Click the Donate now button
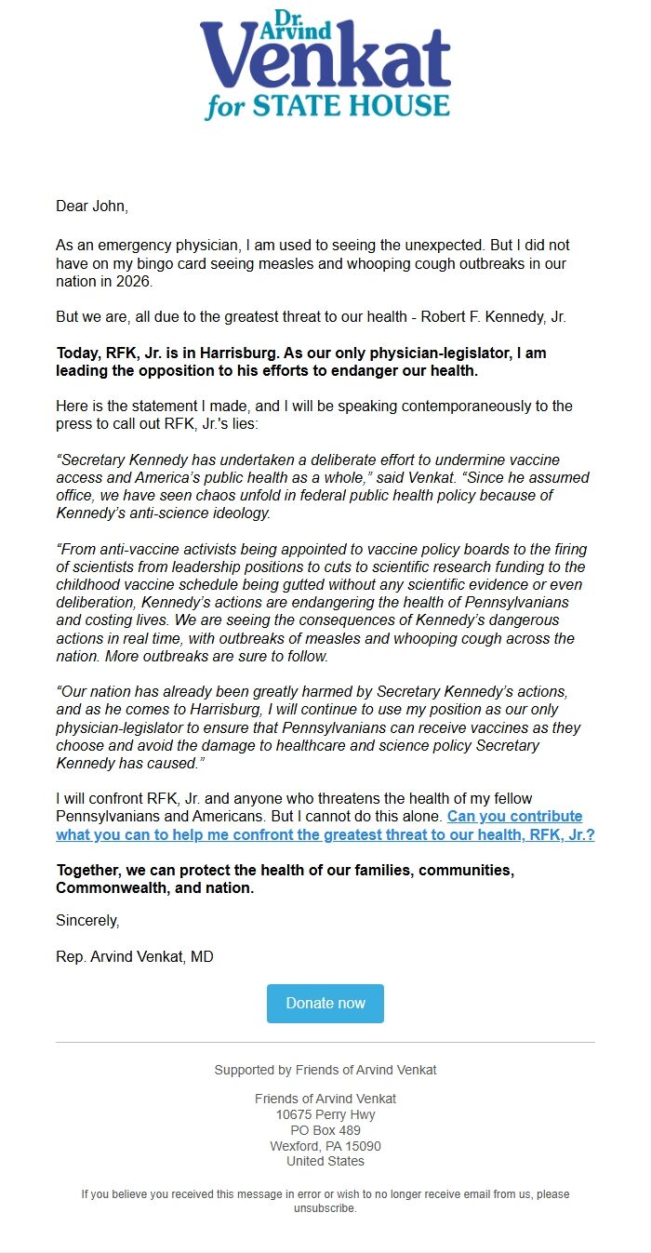point(325,1003)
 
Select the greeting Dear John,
point(91,206)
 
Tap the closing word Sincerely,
point(87,921)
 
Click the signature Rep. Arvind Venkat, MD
point(135,956)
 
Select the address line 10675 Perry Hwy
point(325,1113)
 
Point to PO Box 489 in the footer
point(325,1130)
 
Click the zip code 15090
point(362,1146)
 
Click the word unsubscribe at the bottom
point(325,1208)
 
